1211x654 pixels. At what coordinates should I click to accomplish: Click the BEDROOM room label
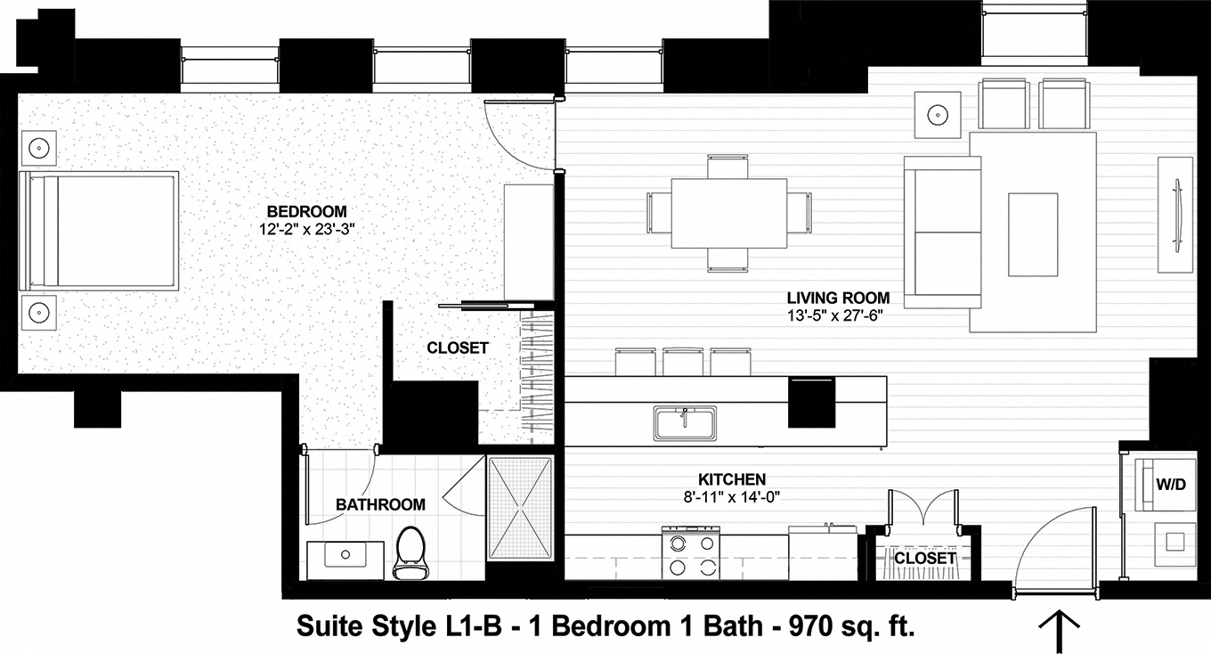[306, 211]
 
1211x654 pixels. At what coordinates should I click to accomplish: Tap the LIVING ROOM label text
[838, 298]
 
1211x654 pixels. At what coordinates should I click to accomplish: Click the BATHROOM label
[380, 504]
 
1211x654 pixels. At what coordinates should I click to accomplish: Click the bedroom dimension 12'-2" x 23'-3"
[305, 229]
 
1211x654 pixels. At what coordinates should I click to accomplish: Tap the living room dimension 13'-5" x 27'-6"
[838, 315]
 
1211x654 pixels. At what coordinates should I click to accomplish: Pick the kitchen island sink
[685, 421]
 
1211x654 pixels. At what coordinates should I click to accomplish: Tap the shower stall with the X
[520, 509]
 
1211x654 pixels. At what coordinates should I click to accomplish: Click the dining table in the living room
[728, 214]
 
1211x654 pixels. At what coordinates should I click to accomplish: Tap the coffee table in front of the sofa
[1033, 233]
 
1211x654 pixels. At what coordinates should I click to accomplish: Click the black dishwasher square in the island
[812, 402]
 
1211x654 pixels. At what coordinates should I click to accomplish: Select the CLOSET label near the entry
[924, 558]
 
